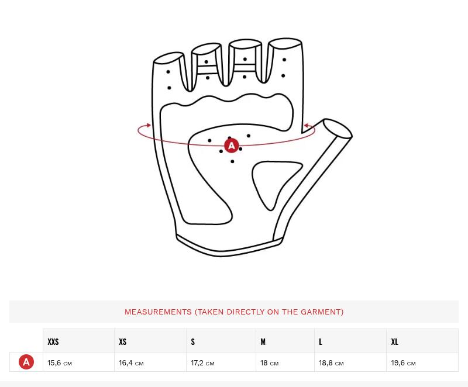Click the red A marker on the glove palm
coord(231,146)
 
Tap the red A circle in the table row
coord(26,362)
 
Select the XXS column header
coord(53,341)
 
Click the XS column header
coord(123,341)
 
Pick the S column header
coord(193,341)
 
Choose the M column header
coord(263,341)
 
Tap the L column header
coord(321,341)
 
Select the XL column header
coord(394,341)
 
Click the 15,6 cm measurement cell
coord(60,363)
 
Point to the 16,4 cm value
coord(131,363)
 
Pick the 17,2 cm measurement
coord(202,363)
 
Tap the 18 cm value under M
coord(269,363)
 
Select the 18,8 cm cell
coord(331,363)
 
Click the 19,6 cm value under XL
coord(403,363)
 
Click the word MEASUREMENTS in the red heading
coord(158,312)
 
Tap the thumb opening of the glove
coord(338,129)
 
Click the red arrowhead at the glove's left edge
coord(149,125)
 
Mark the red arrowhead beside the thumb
coord(306,126)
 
